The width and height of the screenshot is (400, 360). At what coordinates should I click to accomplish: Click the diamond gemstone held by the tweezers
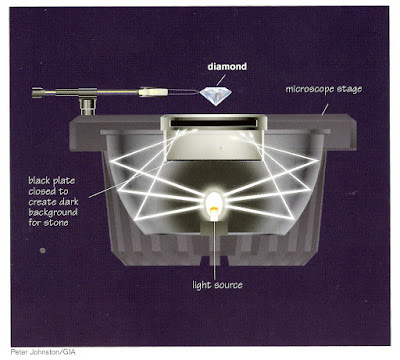coord(215,96)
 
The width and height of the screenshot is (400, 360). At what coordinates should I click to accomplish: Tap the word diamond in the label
coord(227,67)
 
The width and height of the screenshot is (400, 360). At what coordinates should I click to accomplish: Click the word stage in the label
coord(350,90)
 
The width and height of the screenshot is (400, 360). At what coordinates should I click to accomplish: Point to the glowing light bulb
coord(213,203)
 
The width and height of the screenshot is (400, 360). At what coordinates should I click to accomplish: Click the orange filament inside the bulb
coord(213,210)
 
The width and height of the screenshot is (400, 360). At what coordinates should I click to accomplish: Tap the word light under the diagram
coord(202,285)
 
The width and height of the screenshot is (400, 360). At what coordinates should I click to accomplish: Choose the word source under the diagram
coord(228,286)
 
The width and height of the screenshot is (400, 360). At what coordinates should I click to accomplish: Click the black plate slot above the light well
coord(214,123)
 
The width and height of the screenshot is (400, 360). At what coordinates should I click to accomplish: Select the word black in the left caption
coord(39,180)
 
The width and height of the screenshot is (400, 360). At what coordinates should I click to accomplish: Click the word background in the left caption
coord(53,212)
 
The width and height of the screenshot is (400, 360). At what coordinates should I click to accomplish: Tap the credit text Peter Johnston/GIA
coord(43,352)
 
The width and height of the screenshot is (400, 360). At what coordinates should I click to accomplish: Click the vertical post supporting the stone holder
coord(87,105)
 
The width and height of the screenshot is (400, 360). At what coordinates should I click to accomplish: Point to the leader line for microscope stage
coord(325,109)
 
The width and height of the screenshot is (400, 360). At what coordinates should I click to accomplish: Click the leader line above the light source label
coord(214,250)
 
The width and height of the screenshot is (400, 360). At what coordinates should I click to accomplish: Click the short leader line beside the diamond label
coord(221,80)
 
